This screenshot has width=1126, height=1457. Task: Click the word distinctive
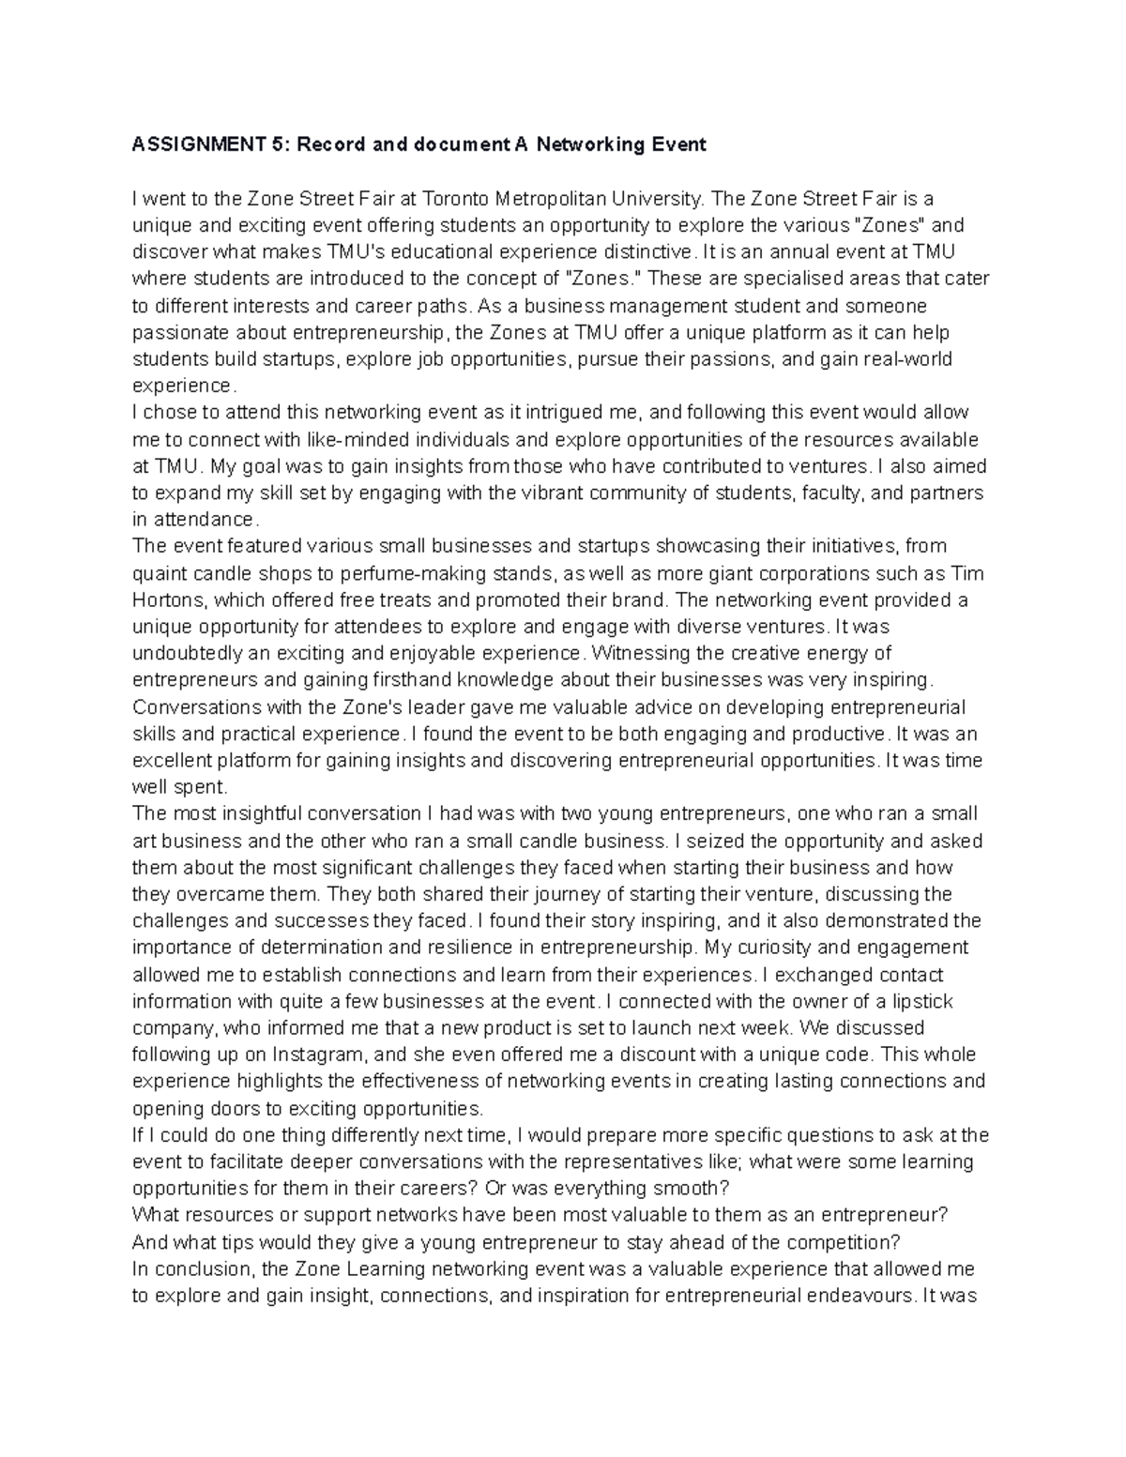647,252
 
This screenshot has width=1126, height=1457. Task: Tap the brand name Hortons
165,600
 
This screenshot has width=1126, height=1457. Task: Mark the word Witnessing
630,654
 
